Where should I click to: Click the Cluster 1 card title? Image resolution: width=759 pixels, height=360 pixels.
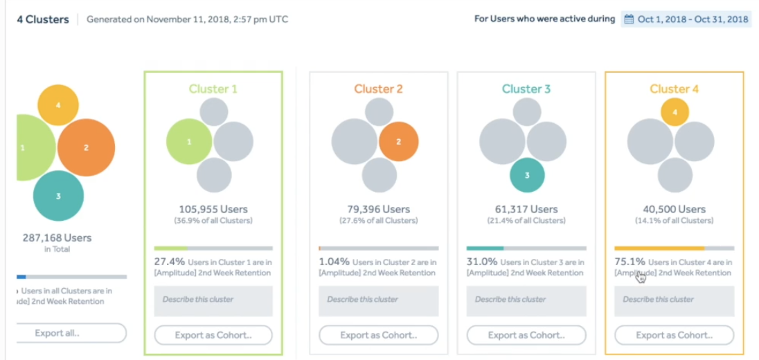coord(213,89)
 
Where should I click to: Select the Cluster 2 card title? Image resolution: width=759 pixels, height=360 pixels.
coord(378,89)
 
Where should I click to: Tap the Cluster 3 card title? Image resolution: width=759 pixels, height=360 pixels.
coord(526,89)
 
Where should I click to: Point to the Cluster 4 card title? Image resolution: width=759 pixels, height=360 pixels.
coord(674,89)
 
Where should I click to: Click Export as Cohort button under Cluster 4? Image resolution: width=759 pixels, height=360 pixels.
coord(674,335)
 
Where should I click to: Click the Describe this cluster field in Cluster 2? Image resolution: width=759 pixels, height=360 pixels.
coord(378,300)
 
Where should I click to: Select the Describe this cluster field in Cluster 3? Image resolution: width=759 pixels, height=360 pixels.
coord(526,300)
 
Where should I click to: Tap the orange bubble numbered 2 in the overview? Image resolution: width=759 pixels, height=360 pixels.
coord(86,147)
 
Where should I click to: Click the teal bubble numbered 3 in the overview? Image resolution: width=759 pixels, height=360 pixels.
coord(58,196)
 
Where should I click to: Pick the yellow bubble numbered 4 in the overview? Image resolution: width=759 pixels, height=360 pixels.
coord(58,105)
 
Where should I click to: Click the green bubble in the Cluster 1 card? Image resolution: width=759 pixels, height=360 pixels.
coord(189,142)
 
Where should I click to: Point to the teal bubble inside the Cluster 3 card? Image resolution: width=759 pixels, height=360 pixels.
coord(527,175)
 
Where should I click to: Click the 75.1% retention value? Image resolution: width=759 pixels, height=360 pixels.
coord(629,262)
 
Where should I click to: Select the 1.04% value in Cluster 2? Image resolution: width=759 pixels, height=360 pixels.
coord(334,262)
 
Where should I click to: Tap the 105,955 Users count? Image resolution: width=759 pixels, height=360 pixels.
coord(213,209)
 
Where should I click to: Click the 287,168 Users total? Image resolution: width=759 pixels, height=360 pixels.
coord(57,237)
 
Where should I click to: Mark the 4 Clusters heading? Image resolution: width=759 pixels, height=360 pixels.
coord(43,19)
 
